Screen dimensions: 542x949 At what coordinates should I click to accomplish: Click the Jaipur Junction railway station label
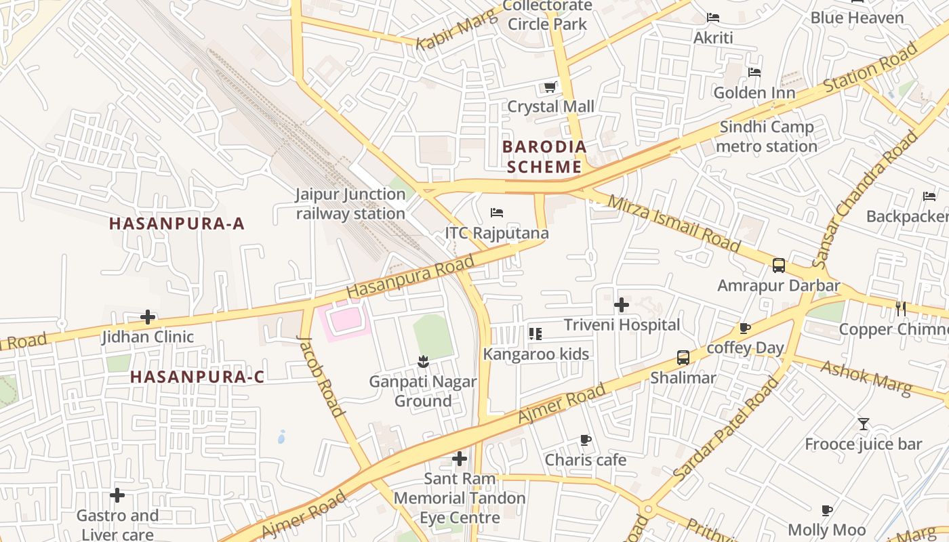point(350,204)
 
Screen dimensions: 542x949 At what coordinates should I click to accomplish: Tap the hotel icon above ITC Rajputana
point(497,213)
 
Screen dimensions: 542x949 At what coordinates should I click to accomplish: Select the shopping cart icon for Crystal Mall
point(550,87)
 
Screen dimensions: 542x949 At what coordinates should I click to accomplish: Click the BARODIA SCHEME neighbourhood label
point(544,157)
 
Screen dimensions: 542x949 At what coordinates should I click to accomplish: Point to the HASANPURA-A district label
point(176,223)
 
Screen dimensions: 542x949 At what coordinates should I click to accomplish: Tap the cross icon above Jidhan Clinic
point(148,317)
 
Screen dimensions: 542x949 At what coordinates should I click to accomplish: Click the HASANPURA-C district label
point(197,377)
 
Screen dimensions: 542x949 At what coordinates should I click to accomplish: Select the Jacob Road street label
point(322,376)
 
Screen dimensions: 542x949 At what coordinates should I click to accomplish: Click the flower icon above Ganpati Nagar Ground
point(423,362)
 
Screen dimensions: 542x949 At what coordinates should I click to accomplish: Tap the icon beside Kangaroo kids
point(536,333)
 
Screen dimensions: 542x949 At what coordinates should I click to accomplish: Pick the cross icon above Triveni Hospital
point(622,306)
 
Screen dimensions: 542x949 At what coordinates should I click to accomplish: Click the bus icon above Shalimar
point(683,358)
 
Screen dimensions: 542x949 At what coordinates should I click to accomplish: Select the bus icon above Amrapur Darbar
point(779,266)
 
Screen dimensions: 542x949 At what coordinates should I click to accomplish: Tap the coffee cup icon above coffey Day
point(745,329)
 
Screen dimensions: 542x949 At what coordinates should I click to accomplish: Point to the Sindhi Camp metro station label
point(767,136)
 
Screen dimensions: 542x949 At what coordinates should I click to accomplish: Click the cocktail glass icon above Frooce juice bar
point(864,424)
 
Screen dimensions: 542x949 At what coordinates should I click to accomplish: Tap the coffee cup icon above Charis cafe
point(586,440)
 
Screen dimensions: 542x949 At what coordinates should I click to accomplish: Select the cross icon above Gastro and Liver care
point(117,495)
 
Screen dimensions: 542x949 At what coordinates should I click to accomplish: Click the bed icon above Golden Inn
point(754,72)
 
